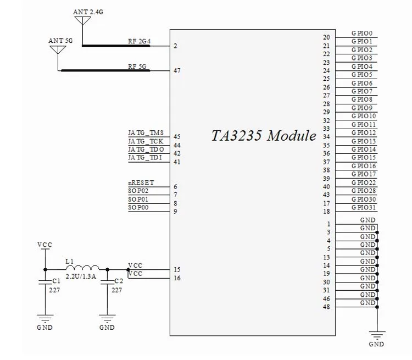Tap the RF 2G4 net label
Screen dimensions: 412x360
pyautogui.click(x=140, y=41)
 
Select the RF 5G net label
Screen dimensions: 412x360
pyautogui.click(x=137, y=67)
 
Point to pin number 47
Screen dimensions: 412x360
pyautogui.click(x=177, y=70)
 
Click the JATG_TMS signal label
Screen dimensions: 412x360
pyautogui.click(x=146, y=133)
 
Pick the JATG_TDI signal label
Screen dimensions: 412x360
pyautogui.click(x=145, y=158)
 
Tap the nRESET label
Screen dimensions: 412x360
pyautogui.click(x=141, y=183)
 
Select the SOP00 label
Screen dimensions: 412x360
pyautogui.click(x=138, y=207)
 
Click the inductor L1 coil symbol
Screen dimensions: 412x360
pyautogui.click(x=82, y=268)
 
